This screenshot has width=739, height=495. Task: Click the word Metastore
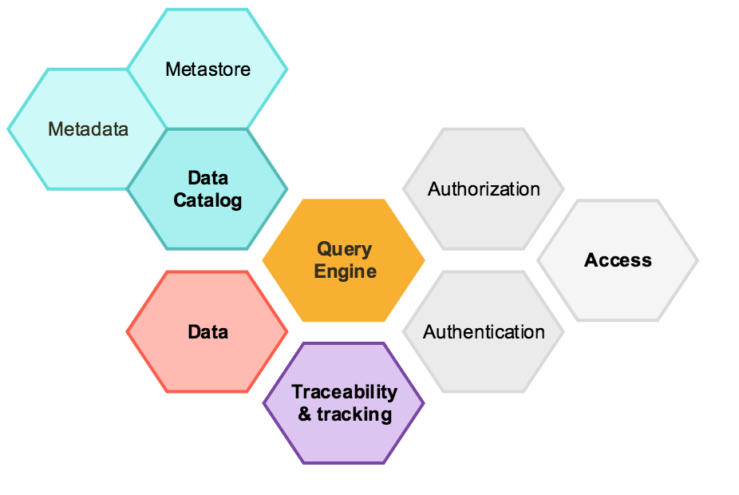click(207, 69)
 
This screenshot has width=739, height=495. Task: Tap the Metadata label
click(88, 129)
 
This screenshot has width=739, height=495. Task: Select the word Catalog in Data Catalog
click(207, 200)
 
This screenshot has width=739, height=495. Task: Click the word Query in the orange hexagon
click(345, 249)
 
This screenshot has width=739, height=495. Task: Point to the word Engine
click(345, 271)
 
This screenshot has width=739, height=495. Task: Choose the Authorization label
click(484, 189)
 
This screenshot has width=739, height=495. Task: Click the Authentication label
click(484, 331)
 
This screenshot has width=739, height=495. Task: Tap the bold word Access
click(618, 260)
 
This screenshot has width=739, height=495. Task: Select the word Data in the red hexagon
click(208, 331)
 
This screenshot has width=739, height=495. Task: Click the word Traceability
click(344, 392)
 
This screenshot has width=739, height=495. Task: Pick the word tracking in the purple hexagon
click(354, 414)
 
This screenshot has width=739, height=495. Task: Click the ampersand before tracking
click(304, 414)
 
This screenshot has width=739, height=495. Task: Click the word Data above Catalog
click(207, 177)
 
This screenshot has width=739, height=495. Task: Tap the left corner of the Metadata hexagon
click(9, 129)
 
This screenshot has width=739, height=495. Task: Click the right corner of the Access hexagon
click(698, 260)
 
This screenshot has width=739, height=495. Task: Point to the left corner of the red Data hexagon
click(128, 331)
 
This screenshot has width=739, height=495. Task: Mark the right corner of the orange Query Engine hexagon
click(424, 260)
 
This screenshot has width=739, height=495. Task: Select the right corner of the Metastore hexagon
click(287, 69)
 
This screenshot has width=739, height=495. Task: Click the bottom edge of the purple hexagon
click(344, 462)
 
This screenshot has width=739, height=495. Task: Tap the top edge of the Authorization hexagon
click(484, 129)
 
